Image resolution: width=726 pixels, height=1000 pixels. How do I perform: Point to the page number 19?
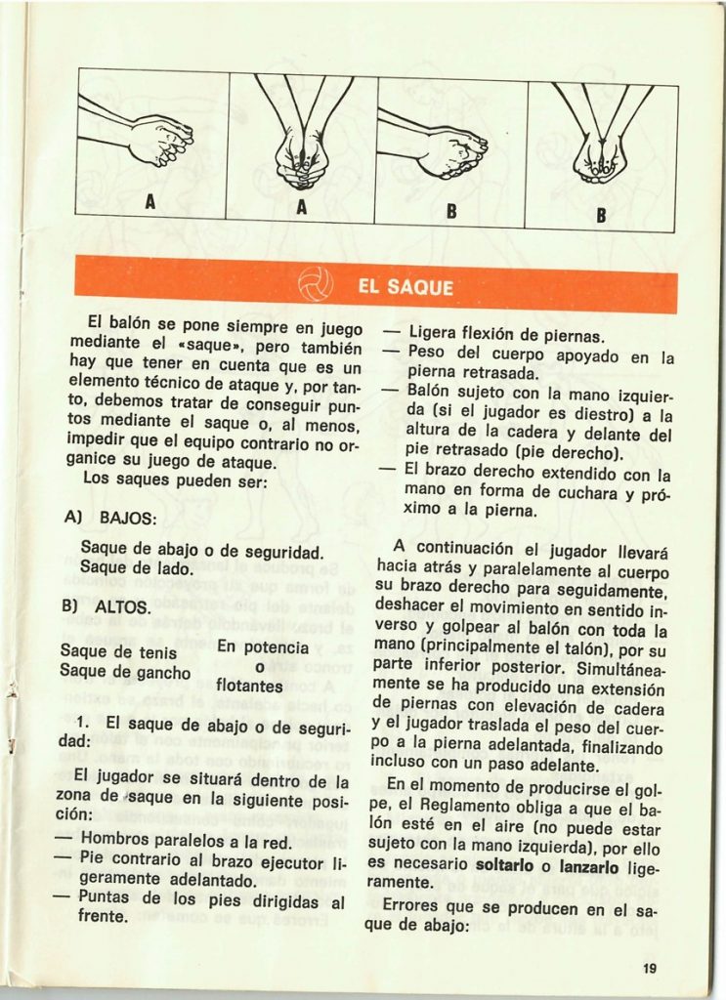tap(651, 968)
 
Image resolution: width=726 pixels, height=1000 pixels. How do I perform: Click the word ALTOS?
tap(122, 606)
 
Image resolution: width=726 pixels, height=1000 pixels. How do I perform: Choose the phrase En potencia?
tap(263, 647)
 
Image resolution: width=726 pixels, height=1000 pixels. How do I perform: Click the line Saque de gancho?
tap(124, 671)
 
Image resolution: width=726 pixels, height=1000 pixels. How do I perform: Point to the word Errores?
tap(415, 904)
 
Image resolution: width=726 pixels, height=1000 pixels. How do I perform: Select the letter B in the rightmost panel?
tap(601, 214)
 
